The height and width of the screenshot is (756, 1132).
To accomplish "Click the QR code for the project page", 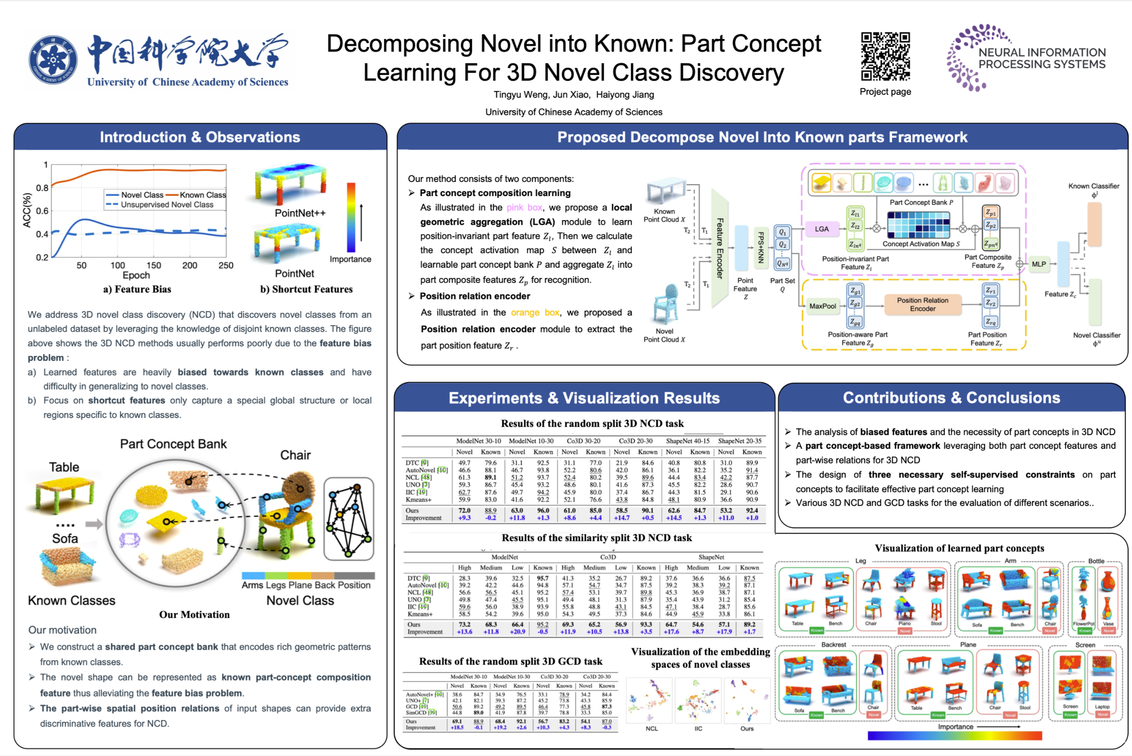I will coord(885,56).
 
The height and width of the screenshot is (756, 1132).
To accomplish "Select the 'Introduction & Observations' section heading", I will coord(200,137).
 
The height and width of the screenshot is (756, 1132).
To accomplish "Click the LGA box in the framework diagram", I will coord(822,229).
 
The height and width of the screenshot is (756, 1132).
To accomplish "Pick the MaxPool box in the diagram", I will coord(822,305).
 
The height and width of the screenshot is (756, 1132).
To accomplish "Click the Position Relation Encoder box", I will coord(922,304).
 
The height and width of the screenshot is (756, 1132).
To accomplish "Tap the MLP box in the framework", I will coord(1038,264).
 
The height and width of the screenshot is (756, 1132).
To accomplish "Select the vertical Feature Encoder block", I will coord(719,248).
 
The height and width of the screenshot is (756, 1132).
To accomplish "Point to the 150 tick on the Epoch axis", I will coord(153,265).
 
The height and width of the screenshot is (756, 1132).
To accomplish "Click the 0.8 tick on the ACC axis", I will coord(43,187).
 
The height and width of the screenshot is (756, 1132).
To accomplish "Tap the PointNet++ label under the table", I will coord(300,213).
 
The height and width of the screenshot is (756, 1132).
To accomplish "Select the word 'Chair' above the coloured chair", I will coord(295,455).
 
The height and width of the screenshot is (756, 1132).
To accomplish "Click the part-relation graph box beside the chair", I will coord(348,518).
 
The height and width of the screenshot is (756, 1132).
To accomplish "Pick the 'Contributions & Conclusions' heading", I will coord(951,398).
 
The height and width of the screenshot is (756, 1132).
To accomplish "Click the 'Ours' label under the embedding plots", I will coord(746,729).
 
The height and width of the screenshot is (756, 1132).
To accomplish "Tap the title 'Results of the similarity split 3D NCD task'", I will coord(596,538).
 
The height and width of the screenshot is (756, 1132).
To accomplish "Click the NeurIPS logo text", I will coord(1041,58).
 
